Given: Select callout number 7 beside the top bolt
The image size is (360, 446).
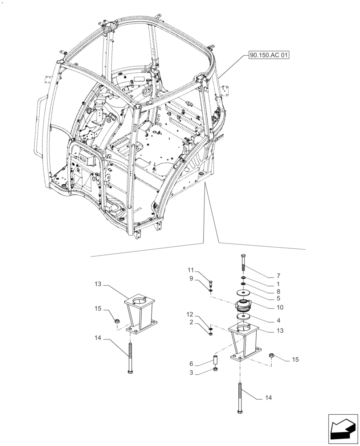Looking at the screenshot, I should click(278, 276).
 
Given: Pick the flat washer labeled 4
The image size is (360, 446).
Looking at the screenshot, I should click(243, 317).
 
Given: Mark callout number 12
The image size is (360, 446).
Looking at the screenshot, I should click(190, 315).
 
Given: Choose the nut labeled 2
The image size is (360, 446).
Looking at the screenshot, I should click(210, 333).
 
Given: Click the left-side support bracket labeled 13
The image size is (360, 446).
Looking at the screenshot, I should click(140, 314).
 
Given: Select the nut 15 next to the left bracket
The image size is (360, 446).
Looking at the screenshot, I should click(116, 320).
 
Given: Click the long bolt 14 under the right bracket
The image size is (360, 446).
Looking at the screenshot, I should click(240, 398).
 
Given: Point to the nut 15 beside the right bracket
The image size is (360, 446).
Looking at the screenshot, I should click(272, 355).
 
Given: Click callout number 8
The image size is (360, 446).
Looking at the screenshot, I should click(278, 292).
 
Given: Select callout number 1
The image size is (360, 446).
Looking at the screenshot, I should click(278, 284).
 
